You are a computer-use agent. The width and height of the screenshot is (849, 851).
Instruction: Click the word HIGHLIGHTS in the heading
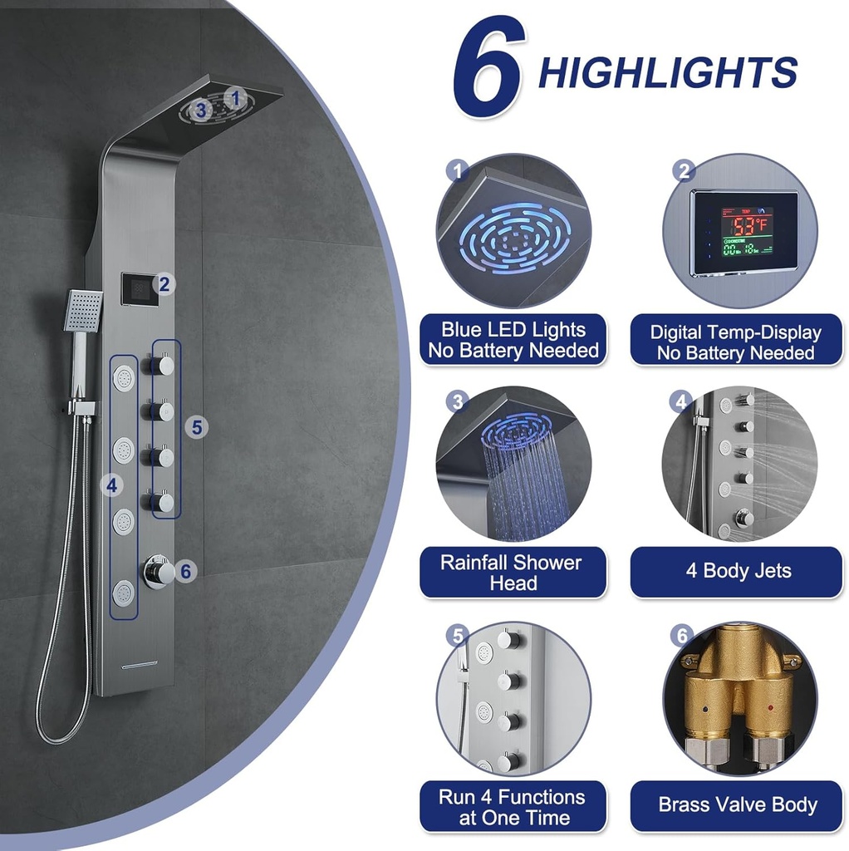pyautogui.click(x=668, y=73)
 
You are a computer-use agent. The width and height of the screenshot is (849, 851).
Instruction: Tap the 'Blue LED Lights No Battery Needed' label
pyautogui.click(x=513, y=340)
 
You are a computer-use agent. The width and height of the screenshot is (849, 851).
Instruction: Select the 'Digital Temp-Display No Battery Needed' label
pyautogui.click(x=736, y=341)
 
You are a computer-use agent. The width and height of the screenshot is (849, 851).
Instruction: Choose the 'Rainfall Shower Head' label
pyautogui.click(x=513, y=572)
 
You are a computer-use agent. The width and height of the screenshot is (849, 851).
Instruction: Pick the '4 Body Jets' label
pyautogui.click(x=736, y=572)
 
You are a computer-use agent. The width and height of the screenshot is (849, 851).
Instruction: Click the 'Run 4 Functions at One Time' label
pyautogui.click(x=513, y=806)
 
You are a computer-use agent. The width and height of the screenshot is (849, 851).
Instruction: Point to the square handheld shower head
pyautogui.click(x=83, y=310)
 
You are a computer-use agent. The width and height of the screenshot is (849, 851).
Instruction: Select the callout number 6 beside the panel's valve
pyautogui.click(x=186, y=571)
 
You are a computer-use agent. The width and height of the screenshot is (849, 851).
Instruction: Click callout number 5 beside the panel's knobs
pyautogui.click(x=196, y=427)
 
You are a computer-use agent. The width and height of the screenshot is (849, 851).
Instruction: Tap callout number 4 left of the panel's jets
pyautogui.click(x=112, y=485)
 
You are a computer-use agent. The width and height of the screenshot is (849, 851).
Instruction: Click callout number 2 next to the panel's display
pyautogui.click(x=164, y=284)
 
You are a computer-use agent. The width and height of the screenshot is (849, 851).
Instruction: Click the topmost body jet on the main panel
pyautogui.click(x=125, y=378)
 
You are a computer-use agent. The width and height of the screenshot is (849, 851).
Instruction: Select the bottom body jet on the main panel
pyautogui.click(x=124, y=593)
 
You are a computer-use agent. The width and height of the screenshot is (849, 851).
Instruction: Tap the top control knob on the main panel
pyautogui.click(x=160, y=366)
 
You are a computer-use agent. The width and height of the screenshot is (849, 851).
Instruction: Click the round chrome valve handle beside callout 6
pyautogui.click(x=159, y=571)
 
